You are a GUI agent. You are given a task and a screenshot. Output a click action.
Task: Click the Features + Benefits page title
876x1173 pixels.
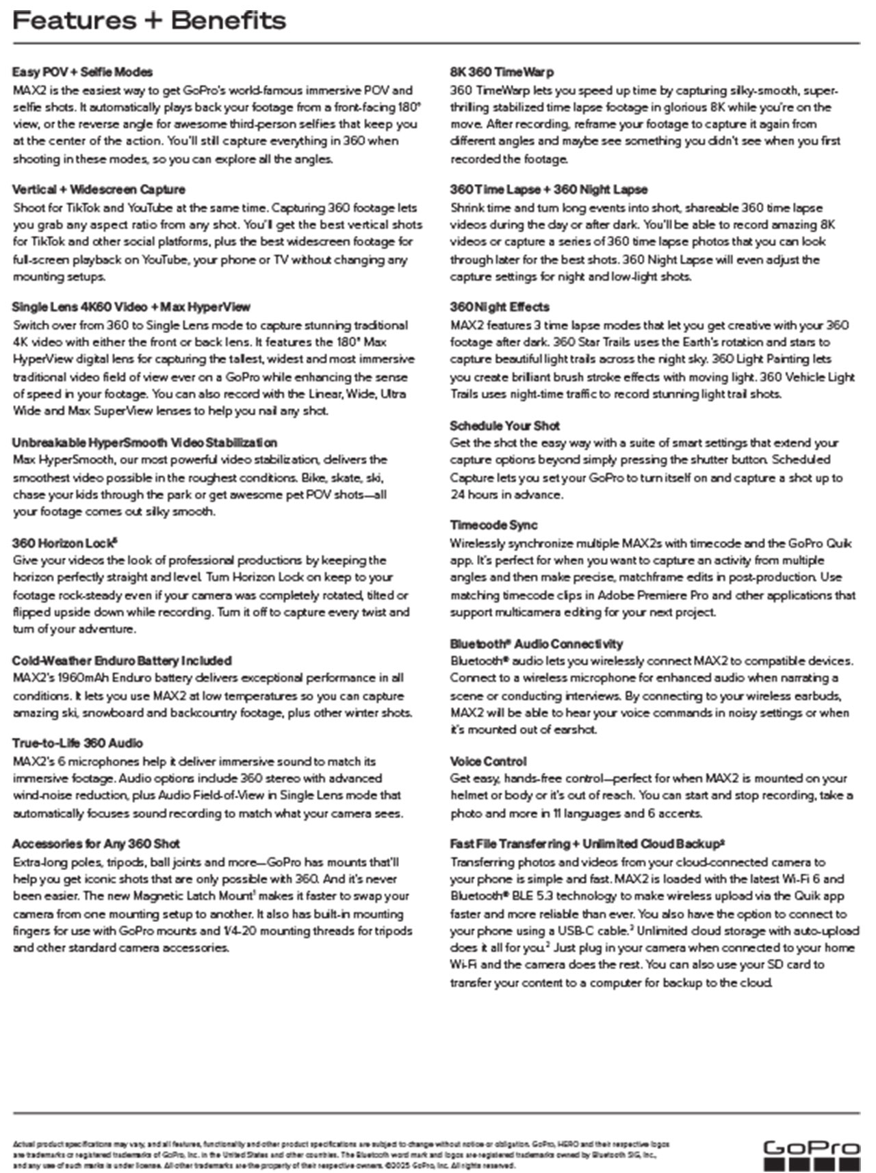pos(149,21)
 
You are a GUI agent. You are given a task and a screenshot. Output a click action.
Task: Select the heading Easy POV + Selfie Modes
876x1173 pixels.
pos(82,72)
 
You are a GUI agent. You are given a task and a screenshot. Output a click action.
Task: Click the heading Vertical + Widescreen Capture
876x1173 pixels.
pos(99,189)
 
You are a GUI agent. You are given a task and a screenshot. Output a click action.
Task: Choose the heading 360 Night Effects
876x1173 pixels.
pos(500,307)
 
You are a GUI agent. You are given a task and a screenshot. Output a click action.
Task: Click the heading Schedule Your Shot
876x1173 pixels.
pos(504,425)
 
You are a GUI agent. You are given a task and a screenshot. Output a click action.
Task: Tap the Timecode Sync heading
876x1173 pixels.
pos(493,525)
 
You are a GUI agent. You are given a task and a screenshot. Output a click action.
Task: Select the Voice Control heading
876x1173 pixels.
pos(488,761)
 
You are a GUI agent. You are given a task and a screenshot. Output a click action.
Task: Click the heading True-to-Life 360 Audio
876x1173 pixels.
pos(77,743)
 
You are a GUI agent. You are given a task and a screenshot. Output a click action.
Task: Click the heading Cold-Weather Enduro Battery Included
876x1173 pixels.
pos(122,661)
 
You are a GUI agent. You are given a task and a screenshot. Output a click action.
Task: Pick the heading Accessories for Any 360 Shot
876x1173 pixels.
pos(96,844)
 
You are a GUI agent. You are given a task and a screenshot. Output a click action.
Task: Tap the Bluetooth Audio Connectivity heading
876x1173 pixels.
pos(537,644)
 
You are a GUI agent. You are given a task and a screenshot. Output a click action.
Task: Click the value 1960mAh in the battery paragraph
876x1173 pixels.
pos(76,678)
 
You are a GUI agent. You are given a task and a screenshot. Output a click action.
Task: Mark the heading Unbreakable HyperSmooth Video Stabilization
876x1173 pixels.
pos(144,443)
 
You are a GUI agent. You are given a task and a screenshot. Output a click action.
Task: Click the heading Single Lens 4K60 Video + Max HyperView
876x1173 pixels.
pos(131,307)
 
